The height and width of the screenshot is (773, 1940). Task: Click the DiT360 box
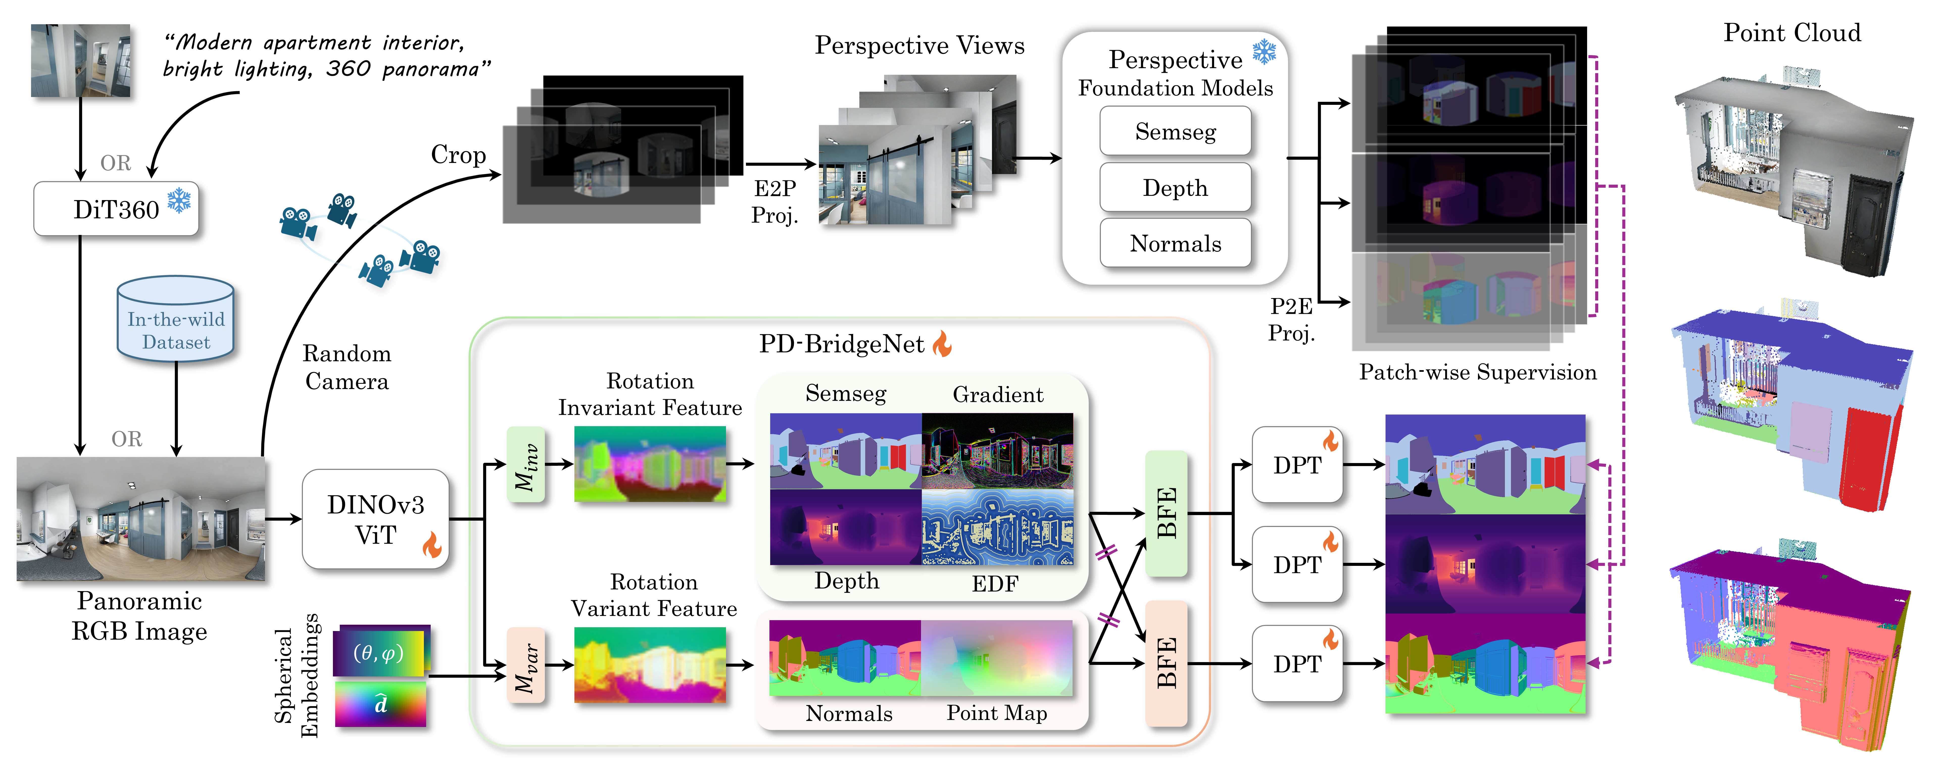pyautogui.click(x=116, y=209)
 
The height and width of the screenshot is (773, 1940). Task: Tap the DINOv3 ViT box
pyautogui.click(x=375, y=519)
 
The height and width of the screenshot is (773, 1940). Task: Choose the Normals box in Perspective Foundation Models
pyautogui.click(x=1175, y=243)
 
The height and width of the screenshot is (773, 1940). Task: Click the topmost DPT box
pyautogui.click(x=1297, y=465)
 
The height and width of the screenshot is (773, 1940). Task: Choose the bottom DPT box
pyautogui.click(x=1297, y=664)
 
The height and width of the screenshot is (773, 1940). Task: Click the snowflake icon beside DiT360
pyautogui.click(x=179, y=200)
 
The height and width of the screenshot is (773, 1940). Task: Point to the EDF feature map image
pyautogui.click(x=997, y=527)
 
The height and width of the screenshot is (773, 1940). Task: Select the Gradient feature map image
pyautogui.click(x=997, y=451)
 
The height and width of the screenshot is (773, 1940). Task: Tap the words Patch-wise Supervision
pyautogui.click(x=1477, y=372)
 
